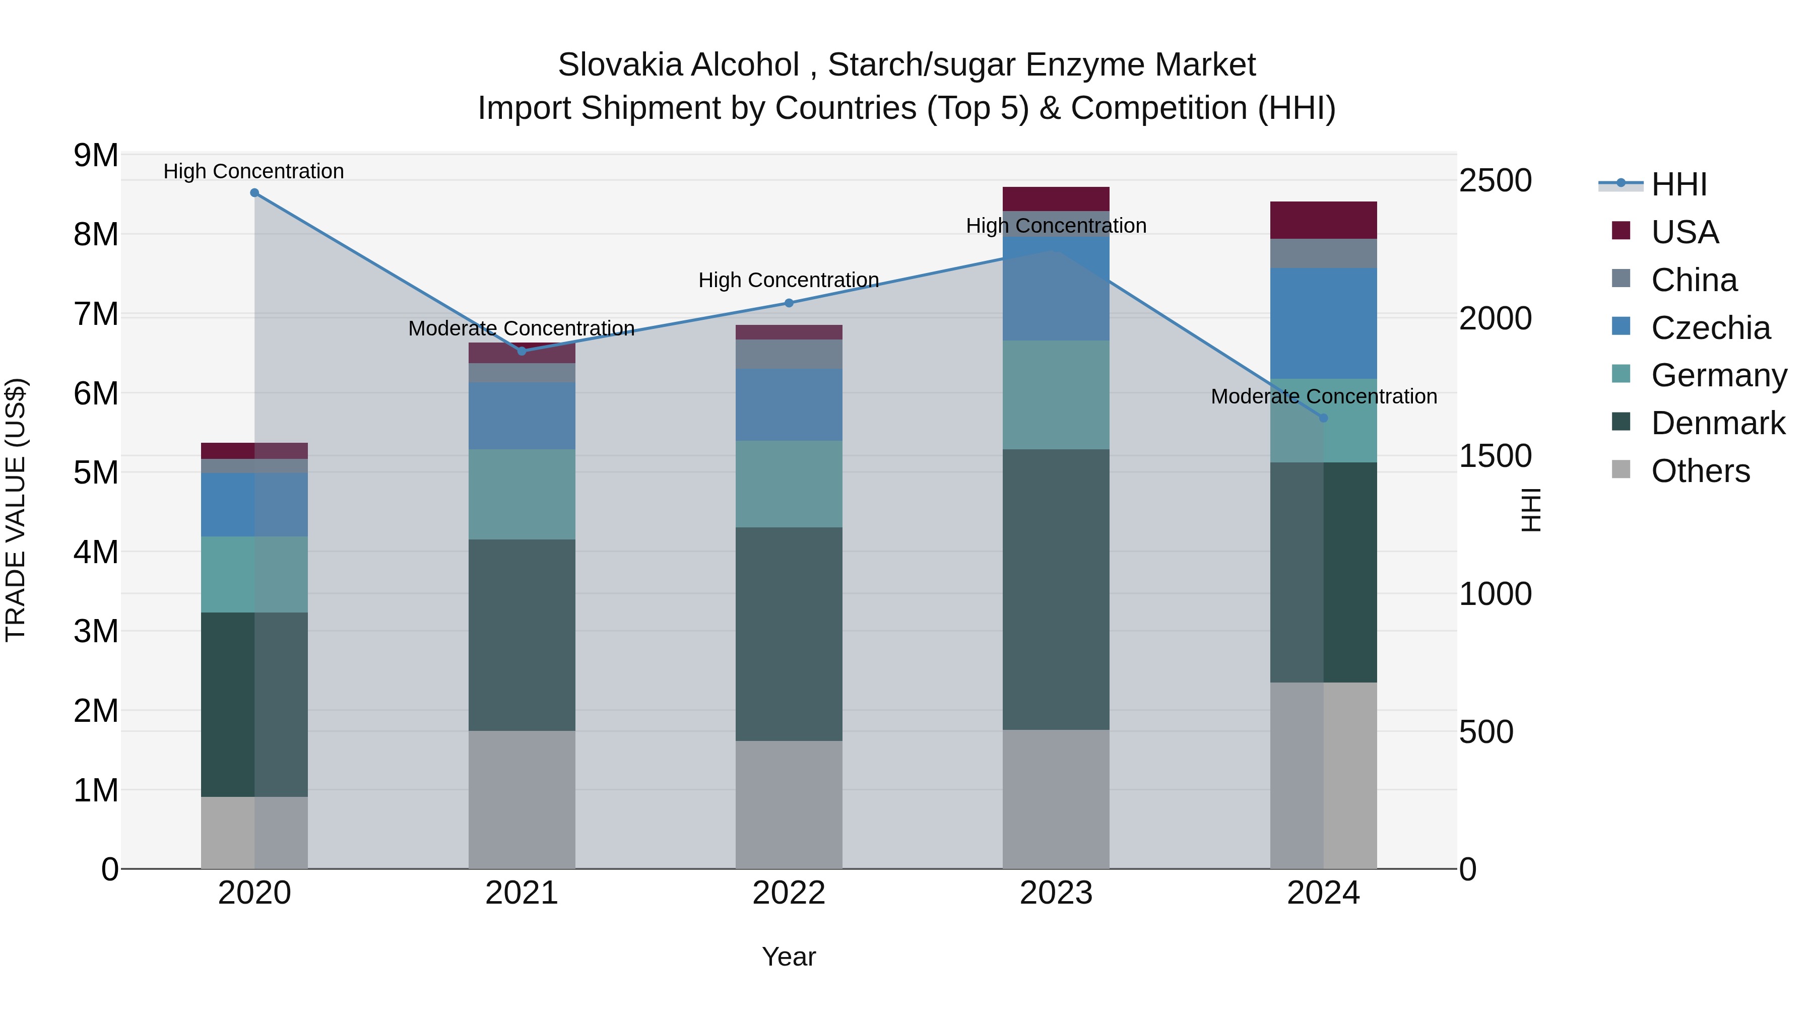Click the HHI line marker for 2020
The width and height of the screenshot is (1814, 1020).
coord(254,193)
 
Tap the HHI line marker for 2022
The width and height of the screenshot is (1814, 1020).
coord(789,303)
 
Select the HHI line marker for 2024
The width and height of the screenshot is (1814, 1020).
coord(1323,418)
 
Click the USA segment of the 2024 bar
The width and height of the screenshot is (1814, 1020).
coord(1323,220)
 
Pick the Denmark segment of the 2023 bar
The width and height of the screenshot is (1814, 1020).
coord(1056,589)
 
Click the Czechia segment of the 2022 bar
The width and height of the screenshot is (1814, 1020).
coord(789,405)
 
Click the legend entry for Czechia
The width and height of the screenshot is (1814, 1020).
coord(1710,328)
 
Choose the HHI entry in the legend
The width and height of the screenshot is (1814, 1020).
coord(1678,184)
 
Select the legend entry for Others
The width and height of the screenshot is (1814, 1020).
coord(1700,471)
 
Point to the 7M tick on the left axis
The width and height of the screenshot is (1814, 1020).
coord(96,314)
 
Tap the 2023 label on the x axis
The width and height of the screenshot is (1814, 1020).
coord(1056,893)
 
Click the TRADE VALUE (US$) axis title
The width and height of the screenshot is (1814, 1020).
coord(16,510)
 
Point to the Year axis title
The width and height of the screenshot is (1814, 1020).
coord(789,957)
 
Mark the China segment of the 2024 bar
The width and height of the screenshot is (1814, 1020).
coord(1323,253)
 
